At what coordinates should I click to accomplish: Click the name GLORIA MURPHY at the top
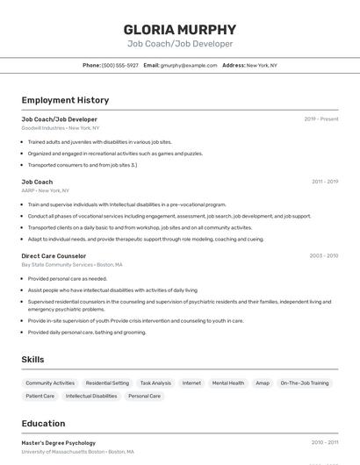pyautogui.click(x=180, y=29)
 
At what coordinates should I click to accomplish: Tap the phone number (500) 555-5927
pyautogui.click(x=119, y=65)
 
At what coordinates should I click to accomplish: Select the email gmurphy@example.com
pyautogui.click(x=188, y=65)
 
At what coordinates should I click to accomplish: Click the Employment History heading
pyautogui.click(x=65, y=100)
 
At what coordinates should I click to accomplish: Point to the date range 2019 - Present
pyautogui.click(x=320, y=119)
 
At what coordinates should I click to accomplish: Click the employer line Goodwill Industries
pyautogui.click(x=60, y=128)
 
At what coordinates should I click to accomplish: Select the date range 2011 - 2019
pyautogui.click(x=324, y=182)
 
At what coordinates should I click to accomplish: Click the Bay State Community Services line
pyautogui.click(x=71, y=265)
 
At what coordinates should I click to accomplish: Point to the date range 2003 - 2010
pyautogui.click(x=323, y=256)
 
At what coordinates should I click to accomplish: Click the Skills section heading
pyautogui.click(x=32, y=360)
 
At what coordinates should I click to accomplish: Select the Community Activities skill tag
pyautogui.click(x=50, y=383)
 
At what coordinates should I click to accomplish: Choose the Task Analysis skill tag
pyautogui.click(x=155, y=383)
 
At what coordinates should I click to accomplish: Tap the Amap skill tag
pyautogui.click(x=263, y=383)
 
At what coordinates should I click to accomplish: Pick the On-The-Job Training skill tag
pyautogui.click(x=305, y=383)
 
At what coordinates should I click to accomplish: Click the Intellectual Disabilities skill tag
pyautogui.click(x=91, y=397)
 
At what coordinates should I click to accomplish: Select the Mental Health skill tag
pyautogui.click(x=228, y=383)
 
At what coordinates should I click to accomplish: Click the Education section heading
pyautogui.click(x=43, y=424)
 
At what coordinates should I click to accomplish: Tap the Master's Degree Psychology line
pyautogui.click(x=58, y=443)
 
